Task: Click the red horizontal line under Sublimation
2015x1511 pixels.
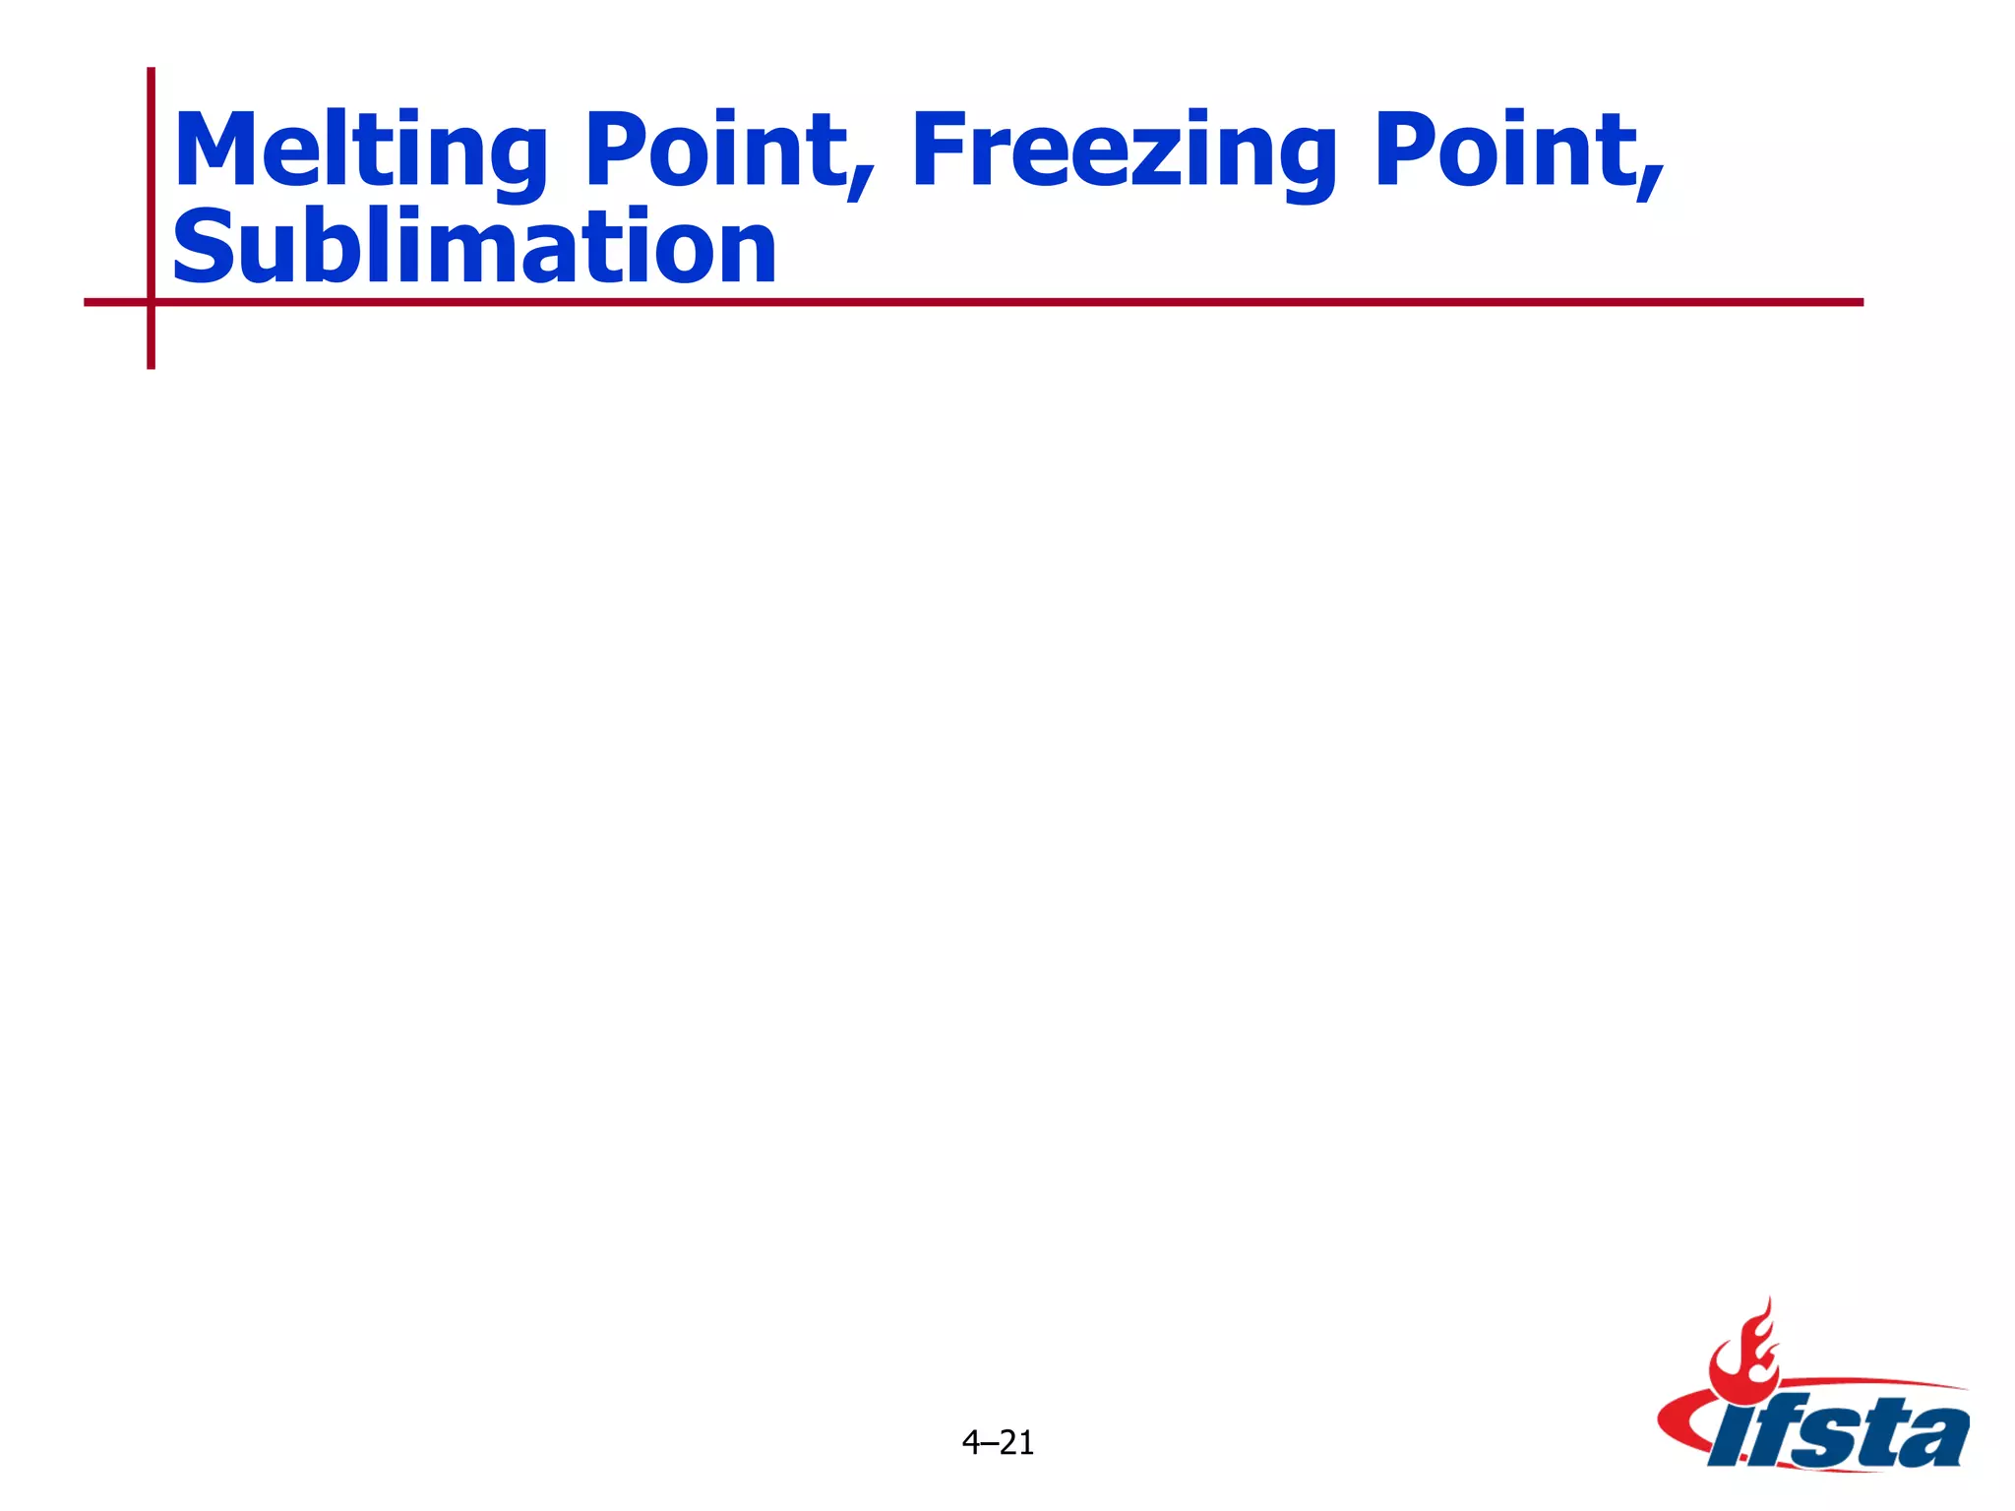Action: (984, 302)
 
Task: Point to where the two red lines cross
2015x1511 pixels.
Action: (151, 302)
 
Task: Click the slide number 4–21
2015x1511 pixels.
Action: (998, 1443)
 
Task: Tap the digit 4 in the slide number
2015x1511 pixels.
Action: (970, 1443)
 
